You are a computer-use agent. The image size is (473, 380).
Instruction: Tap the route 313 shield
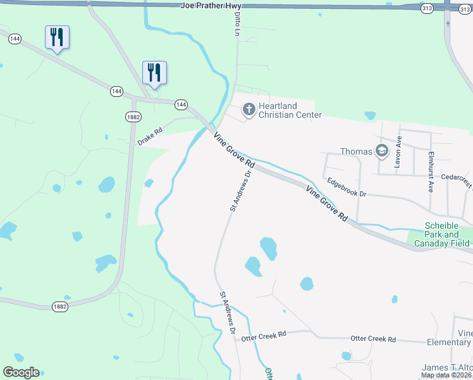[x=427, y=8]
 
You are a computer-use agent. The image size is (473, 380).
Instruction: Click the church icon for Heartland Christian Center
[x=249, y=110]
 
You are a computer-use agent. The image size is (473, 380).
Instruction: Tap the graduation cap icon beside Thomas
[x=381, y=151]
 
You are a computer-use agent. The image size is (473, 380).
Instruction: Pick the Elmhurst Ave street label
[x=431, y=163]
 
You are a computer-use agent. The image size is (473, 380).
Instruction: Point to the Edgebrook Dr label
[x=347, y=189]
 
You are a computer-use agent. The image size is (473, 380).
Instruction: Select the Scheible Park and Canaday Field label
[x=447, y=234]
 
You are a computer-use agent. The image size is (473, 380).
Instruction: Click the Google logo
[x=21, y=372]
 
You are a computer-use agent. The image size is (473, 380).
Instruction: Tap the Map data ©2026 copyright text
[x=446, y=375]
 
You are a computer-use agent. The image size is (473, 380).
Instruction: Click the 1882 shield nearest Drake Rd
[x=133, y=117]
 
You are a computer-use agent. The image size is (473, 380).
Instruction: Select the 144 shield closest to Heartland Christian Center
[x=181, y=104]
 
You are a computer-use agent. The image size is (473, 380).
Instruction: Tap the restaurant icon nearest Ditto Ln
[x=154, y=72]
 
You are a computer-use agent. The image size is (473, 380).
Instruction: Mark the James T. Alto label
[x=447, y=368]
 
